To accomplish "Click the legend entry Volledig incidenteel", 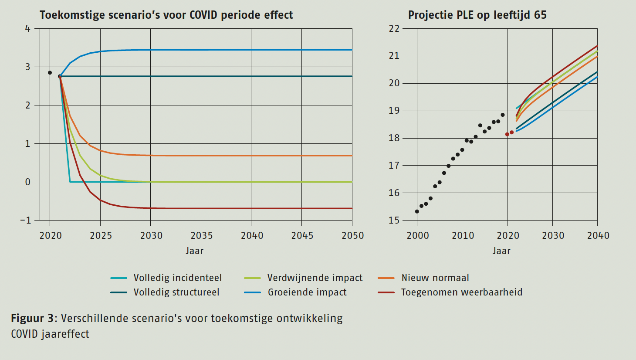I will point(177,278).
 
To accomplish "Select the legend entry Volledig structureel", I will point(176,292).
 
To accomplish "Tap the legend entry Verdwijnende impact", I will point(315,278).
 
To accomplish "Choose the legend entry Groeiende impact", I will point(307,292).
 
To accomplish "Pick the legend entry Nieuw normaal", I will point(435,278).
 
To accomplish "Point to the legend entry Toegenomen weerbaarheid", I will point(461,292).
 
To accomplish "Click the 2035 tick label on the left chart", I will point(201,236).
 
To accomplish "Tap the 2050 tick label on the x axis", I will point(352,236).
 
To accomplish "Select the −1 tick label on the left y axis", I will point(26,221).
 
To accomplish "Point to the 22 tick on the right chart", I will point(394,29).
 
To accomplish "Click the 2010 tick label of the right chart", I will point(463,236).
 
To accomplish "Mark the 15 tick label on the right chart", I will point(394,221).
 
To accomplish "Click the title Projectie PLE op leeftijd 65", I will point(477,15).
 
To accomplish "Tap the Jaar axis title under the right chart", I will point(501,251).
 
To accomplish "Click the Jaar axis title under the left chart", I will point(194,251).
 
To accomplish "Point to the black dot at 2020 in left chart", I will point(50,73).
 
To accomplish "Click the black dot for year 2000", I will point(417,211).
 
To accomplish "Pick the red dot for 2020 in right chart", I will point(507,134).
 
